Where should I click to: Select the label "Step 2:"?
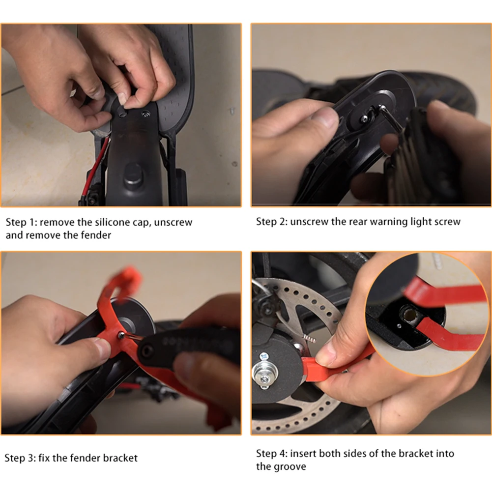pos(271,222)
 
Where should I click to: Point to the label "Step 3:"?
pos(20,458)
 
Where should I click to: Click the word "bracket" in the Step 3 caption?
pos(120,458)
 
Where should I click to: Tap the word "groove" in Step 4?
pos(289,466)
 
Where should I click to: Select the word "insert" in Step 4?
pos(303,453)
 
